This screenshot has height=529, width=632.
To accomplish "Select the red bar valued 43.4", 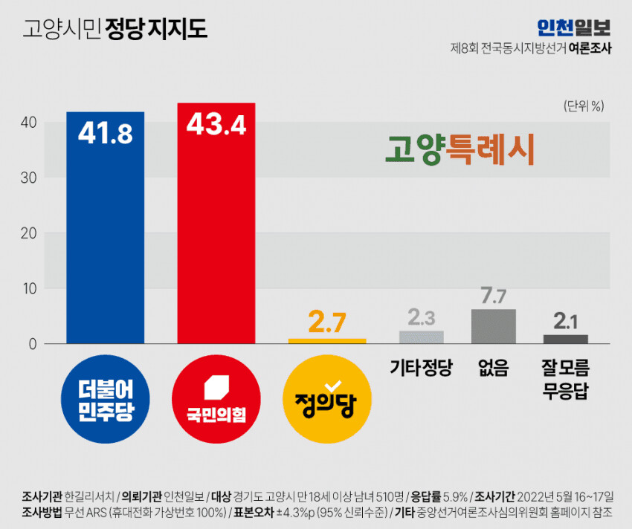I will click(x=216, y=223).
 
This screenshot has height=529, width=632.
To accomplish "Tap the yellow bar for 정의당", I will click(x=327, y=340).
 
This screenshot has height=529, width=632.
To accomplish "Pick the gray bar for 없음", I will click(x=494, y=326).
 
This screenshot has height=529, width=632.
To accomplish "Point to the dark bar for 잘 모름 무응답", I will click(x=565, y=339).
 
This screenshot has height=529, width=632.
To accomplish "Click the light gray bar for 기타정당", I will click(x=422, y=337).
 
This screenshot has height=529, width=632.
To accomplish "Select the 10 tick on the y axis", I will click(x=28, y=288).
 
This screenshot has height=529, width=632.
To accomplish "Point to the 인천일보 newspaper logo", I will click(x=573, y=27).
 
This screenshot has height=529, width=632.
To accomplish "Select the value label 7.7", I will click(x=494, y=296).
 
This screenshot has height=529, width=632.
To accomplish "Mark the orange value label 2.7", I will click(x=327, y=323).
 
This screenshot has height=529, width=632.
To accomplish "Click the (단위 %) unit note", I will click(x=584, y=105).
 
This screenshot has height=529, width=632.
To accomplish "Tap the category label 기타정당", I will click(x=421, y=367).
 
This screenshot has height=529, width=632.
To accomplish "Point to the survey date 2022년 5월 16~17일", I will click(x=573, y=496).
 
